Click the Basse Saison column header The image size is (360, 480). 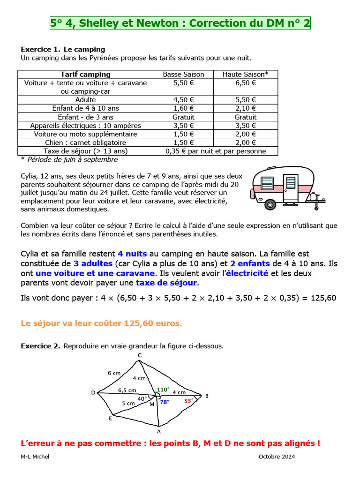click(183, 74)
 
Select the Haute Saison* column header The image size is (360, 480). click(246, 74)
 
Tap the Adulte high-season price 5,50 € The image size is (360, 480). click(246, 99)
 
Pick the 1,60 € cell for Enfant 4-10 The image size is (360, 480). click(183, 108)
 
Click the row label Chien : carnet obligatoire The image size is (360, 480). click(85, 142)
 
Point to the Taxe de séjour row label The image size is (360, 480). click(85, 151)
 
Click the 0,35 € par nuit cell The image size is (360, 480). click(216, 151)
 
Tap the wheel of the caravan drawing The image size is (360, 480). click(270, 204)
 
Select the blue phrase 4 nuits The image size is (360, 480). click(132, 254)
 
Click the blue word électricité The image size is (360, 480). click(247, 273)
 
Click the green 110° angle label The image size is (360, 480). click(163, 389)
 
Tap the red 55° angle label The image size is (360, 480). click(188, 401)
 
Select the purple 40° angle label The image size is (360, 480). click(142, 399)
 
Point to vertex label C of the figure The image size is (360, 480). click(139, 355)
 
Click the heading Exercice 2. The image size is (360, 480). click(40, 346)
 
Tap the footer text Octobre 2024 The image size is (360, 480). click(277, 457)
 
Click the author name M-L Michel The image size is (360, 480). click(35, 457)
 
